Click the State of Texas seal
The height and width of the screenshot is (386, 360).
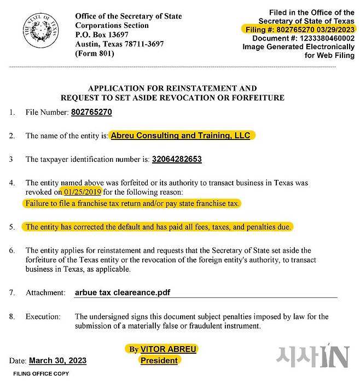pyautogui.click(x=40, y=30)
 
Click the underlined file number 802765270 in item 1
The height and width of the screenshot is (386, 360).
pyautogui.click(x=91, y=113)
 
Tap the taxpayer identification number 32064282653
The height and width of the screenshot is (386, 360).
pyautogui.click(x=177, y=159)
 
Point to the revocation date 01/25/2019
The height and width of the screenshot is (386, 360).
pyautogui.click(x=83, y=192)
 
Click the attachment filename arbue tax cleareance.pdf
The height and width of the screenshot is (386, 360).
pyautogui.click(x=123, y=293)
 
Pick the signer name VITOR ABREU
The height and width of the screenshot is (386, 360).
pyautogui.click(x=168, y=349)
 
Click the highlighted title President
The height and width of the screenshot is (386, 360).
pyautogui.click(x=159, y=360)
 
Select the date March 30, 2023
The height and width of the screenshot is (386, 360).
pyautogui.click(x=57, y=361)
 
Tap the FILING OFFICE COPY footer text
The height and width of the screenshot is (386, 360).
pyautogui.click(x=42, y=374)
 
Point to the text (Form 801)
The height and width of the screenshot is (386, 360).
pyautogui.click(x=95, y=54)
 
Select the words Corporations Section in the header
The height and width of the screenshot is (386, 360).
pyautogui.click(x=112, y=25)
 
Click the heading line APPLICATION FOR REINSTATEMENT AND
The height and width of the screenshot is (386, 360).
pyautogui.click(x=172, y=88)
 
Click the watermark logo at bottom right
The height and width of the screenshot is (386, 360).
pyautogui.click(x=311, y=356)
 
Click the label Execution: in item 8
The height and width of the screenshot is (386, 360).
pyautogui.click(x=43, y=317)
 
